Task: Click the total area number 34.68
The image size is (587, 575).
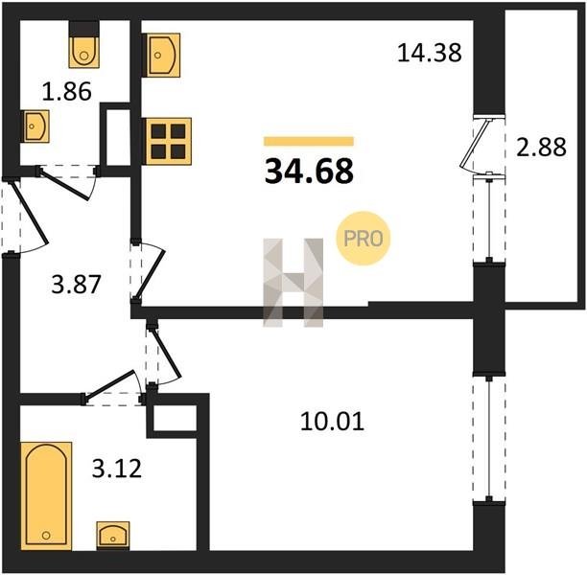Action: point(309,172)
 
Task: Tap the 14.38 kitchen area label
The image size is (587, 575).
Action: point(430,53)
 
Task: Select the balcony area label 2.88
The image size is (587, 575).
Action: point(541,147)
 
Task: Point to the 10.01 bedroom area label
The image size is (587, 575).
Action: point(332,422)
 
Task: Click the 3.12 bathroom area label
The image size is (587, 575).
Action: point(117,469)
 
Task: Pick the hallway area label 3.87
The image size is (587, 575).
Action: point(76,284)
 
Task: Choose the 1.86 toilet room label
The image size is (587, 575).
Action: point(66,92)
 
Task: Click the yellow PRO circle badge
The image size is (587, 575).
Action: point(364,239)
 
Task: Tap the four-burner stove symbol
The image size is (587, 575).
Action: point(167,141)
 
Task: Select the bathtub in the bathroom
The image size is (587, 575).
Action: point(46,496)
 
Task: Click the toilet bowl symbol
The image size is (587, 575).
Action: point(84,44)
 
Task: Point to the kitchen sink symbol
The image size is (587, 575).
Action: point(161,56)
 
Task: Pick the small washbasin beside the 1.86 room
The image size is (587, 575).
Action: point(35,126)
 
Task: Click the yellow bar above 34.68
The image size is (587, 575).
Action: point(309,141)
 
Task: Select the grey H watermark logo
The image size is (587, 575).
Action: point(293,283)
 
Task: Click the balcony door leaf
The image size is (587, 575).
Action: point(475,144)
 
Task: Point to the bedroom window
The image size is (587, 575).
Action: point(488,439)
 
